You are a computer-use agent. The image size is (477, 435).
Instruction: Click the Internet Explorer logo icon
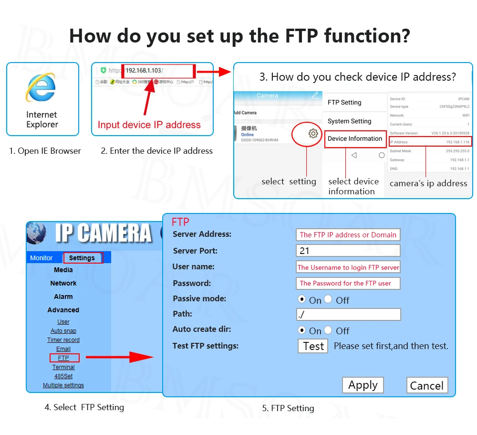click(41, 88)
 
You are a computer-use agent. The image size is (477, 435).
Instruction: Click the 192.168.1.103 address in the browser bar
click(144, 71)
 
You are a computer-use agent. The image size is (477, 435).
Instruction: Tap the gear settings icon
click(313, 134)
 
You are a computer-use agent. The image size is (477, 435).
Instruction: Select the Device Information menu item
click(355, 139)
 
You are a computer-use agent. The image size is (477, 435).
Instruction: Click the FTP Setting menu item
click(344, 103)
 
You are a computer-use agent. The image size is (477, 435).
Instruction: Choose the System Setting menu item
click(349, 121)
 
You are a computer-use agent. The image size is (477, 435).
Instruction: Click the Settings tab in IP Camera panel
click(82, 258)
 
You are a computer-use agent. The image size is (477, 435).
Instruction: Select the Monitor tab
click(41, 258)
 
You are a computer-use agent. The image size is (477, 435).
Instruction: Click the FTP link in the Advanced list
click(63, 358)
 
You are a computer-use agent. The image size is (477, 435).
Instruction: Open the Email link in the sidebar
click(63, 349)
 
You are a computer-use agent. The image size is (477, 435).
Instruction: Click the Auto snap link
click(63, 331)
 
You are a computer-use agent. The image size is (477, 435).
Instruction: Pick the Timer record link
click(63, 340)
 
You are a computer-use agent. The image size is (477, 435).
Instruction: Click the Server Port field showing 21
click(348, 251)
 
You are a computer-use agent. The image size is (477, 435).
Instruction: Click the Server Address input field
click(348, 234)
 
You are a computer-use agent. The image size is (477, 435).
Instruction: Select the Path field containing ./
click(348, 314)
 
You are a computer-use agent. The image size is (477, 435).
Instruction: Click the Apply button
click(363, 385)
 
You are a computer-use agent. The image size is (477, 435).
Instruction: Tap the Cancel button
click(427, 386)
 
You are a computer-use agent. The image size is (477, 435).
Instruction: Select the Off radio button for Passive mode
click(328, 299)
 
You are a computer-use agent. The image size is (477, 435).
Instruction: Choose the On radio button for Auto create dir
click(301, 330)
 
